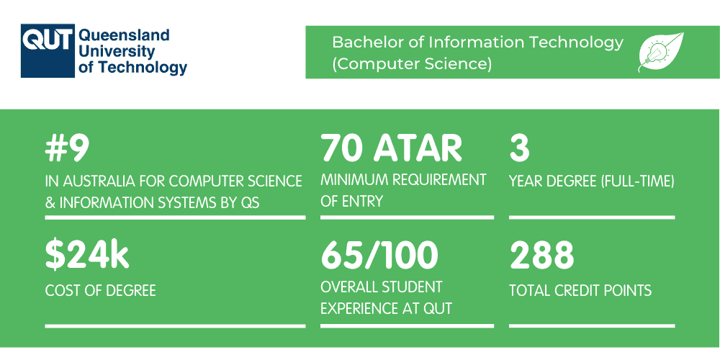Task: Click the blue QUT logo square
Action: coord(47,51)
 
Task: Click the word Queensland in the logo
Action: coord(123,35)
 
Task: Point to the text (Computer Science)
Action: coord(412,63)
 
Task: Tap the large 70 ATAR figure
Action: coord(392,149)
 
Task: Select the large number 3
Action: coord(519,149)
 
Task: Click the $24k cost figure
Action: coord(86,256)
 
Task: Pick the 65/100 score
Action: coord(379,256)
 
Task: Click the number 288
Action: coord(542,256)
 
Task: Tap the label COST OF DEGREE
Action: coord(100,291)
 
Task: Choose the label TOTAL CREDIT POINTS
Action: coord(580,291)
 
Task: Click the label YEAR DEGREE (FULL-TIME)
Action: coord(591,181)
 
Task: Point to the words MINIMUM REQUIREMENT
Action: coord(403,180)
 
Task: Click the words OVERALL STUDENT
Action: coord(382,287)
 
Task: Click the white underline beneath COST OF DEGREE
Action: coord(175,325)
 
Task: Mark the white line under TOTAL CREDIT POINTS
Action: coord(592,325)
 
